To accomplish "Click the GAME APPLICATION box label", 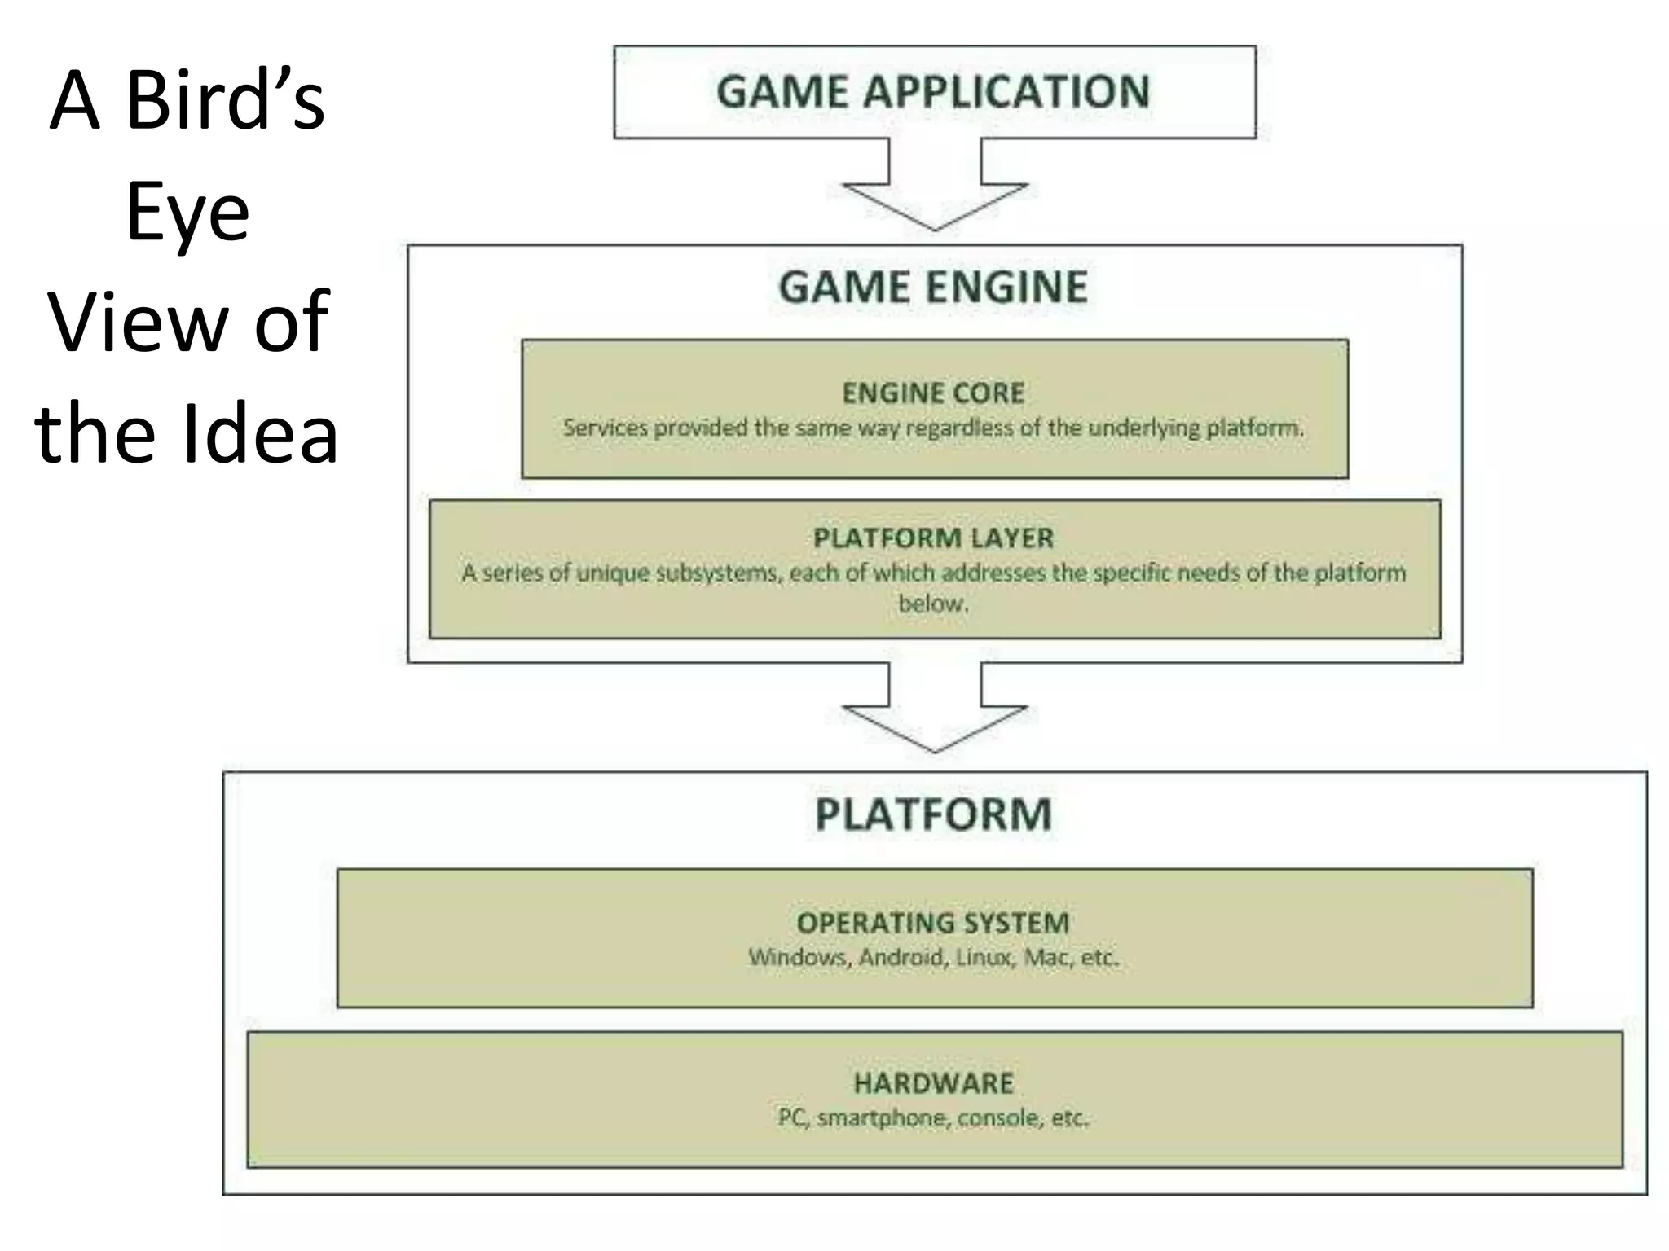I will (x=933, y=91).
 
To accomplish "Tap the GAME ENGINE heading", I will (x=933, y=288).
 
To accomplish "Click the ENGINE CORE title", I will (x=933, y=393).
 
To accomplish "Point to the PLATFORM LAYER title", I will (x=933, y=538).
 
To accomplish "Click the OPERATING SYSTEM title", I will (x=933, y=924).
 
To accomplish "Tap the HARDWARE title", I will (x=933, y=1083).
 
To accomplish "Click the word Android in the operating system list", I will (x=901, y=957).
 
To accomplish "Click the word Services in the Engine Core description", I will (x=605, y=428).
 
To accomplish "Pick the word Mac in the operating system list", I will (x=1046, y=957).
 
